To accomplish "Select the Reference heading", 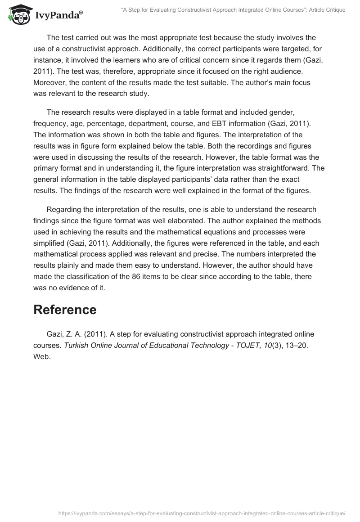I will coord(65,310).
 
